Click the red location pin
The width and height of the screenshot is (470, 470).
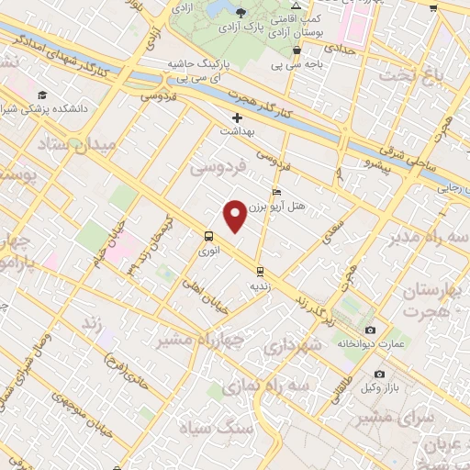click(x=236, y=217)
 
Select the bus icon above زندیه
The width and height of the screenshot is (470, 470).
click(x=261, y=271)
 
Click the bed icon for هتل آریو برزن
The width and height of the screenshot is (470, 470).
click(x=277, y=193)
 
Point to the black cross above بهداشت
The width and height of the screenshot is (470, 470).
click(x=238, y=117)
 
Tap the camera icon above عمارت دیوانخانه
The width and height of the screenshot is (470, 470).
click(x=370, y=330)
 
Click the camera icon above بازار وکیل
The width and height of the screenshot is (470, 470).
click(x=380, y=375)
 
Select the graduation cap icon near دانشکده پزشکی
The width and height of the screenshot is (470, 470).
click(x=42, y=95)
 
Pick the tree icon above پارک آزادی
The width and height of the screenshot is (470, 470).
click(x=241, y=13)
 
